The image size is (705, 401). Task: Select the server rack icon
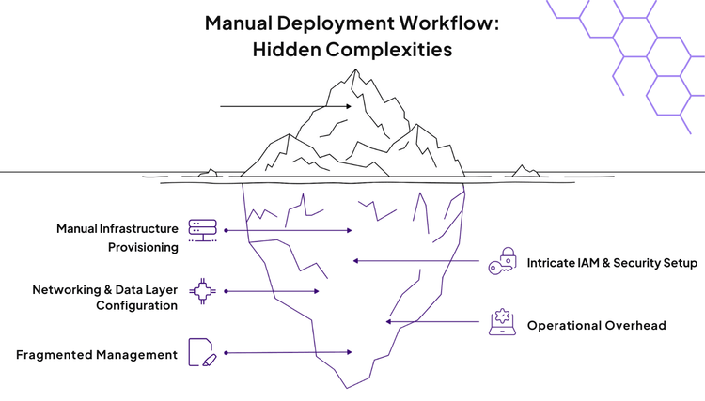point(201,230)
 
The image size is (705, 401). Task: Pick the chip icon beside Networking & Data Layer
point(201,292)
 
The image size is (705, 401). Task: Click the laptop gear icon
point(501,321)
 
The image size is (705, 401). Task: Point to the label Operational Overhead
point(596,325)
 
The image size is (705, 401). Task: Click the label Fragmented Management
point(97,355)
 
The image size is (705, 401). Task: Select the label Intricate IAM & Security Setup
point(612,263)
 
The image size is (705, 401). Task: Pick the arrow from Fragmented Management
point(287,352)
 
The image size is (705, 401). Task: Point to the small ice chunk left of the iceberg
point(210,173)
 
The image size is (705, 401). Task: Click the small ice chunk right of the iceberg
point(522,171)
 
